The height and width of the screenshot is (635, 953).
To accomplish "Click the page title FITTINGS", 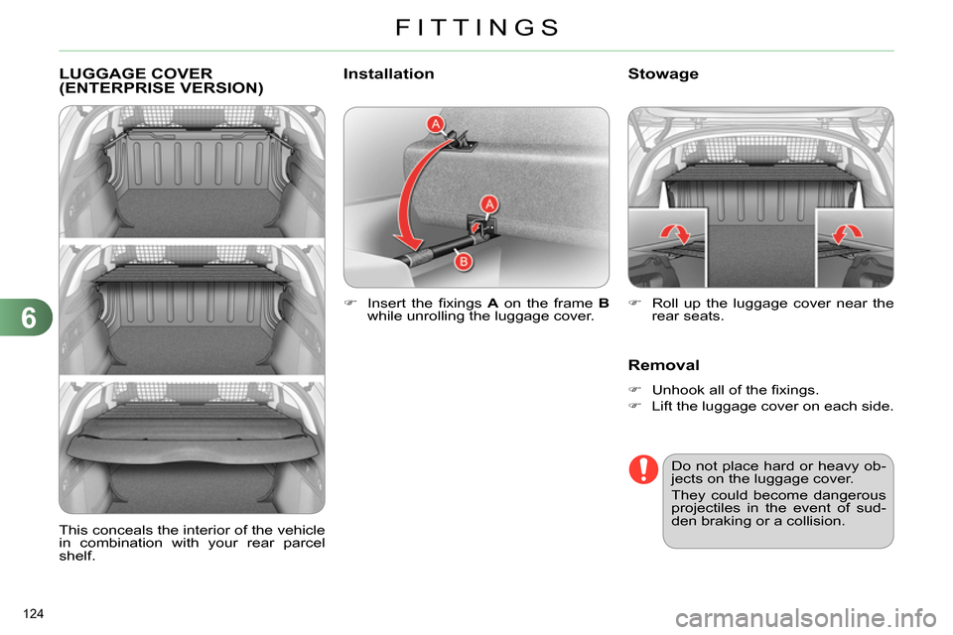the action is pos(477,28).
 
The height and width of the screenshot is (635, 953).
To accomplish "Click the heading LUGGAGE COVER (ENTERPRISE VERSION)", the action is pos(161,80).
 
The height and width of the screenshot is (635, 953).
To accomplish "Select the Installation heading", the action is pos(388,73).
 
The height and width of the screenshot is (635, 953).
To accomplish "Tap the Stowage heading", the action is pos(663,74).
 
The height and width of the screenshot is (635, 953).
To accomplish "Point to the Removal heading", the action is pos(664,365).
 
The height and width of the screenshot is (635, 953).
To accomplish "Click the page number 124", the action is pos(34,614).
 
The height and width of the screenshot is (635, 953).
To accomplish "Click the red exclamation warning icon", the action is pos(643,469).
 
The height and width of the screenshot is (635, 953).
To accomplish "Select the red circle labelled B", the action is pos(464,262).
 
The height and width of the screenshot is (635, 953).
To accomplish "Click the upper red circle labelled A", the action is pos(435,125).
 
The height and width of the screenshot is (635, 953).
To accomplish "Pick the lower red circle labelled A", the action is pos(488,204).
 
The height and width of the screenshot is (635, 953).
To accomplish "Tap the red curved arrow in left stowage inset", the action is pos(675,233).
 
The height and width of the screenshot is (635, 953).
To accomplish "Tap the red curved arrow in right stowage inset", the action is pos(847,233).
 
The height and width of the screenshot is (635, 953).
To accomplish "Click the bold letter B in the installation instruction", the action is pos(604,304).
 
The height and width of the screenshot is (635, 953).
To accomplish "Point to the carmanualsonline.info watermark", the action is pos(806,618).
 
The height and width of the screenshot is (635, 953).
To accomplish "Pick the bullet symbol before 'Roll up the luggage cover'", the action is pos(634,303).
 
